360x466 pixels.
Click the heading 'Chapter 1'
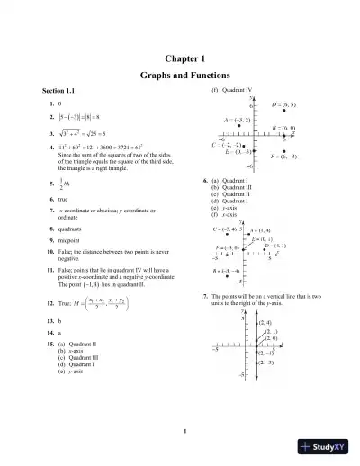[x=180, y=58]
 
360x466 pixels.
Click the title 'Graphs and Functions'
[x=180, y=76]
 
